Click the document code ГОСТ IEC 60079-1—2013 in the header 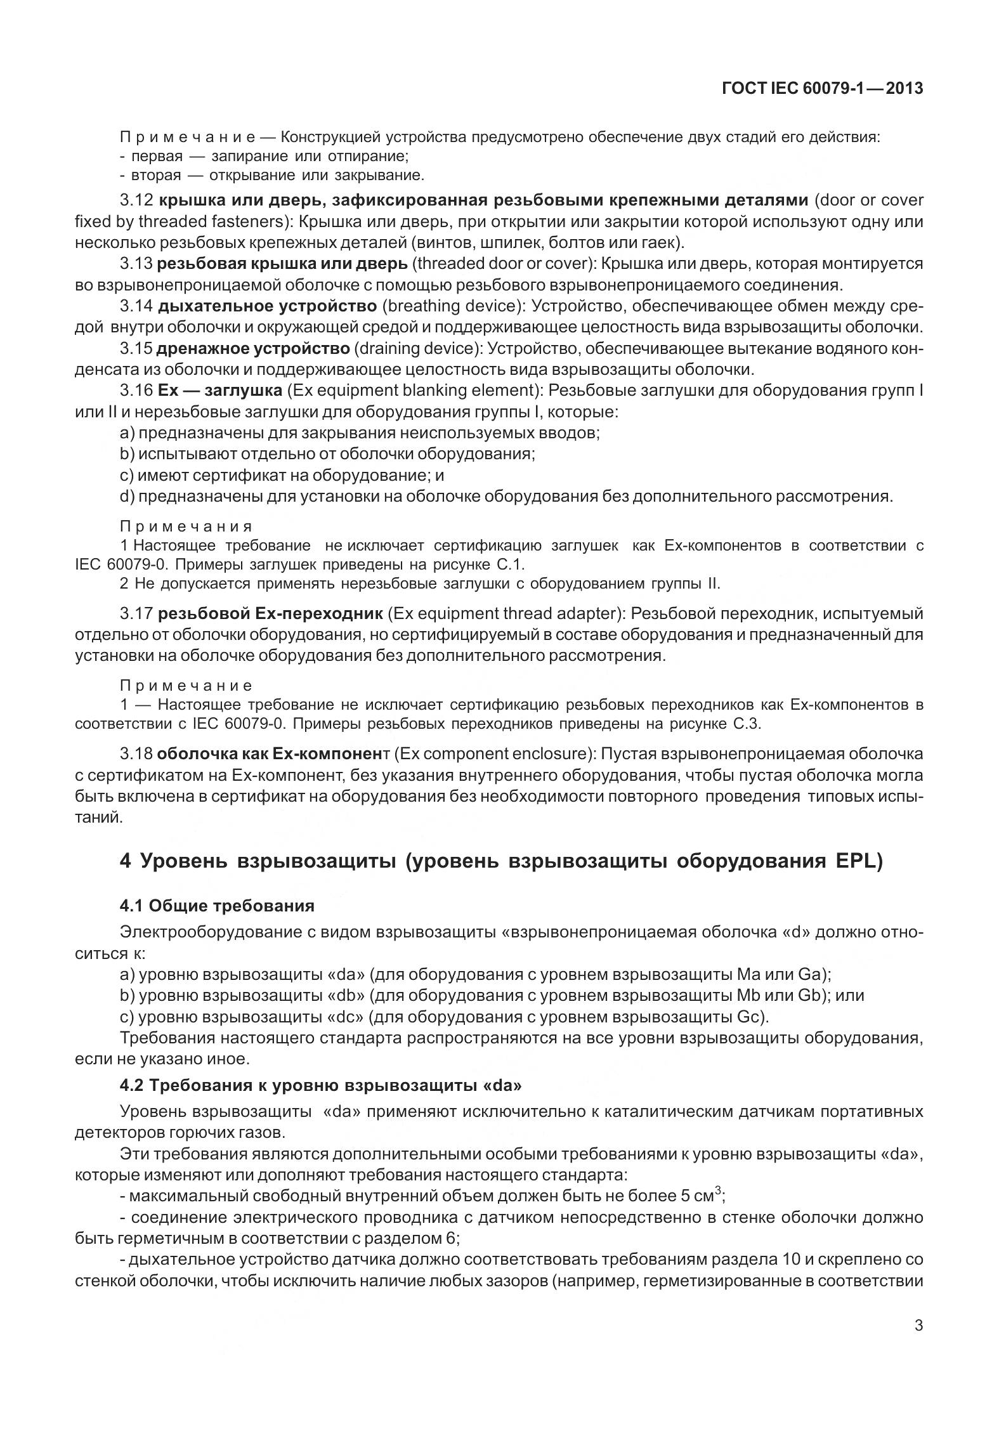tap(822, 89)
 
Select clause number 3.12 tap(136, 200)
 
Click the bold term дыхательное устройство tap(267, 306)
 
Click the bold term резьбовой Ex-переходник tap(270, 613)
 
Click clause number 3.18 tap(136, 754)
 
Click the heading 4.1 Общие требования tap(217, 905)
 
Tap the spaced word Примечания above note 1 tap(186, 526)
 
